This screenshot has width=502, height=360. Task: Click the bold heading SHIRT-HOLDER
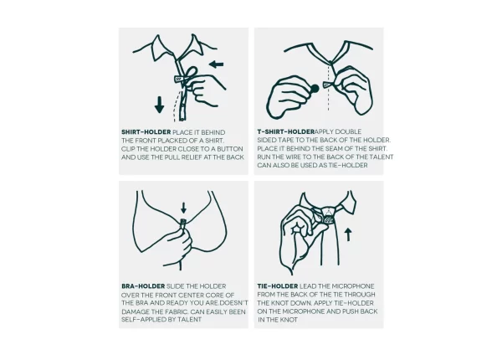tap(146, 132)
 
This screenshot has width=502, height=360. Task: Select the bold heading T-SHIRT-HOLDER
tap(286, 131)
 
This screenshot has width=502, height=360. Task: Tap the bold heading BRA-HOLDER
tap(143, 286)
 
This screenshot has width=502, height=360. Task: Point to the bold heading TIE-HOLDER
tap(278, 286)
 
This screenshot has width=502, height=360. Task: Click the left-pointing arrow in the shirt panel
tap(216, 64)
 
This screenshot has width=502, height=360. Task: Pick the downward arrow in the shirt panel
tap(159, 105)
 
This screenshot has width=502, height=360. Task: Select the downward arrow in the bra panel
tap(183, 208)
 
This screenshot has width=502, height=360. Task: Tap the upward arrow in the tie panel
tap(348, 234)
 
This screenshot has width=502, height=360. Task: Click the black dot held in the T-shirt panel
tap(315, 89)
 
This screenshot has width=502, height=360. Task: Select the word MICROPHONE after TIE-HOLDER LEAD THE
tap(353, 286)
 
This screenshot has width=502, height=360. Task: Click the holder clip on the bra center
tap(183, 222)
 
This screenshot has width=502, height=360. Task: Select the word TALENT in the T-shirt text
tap(381, 157)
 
